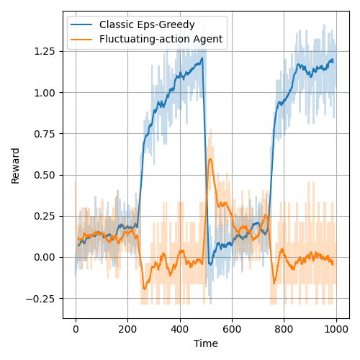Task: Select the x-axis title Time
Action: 205,344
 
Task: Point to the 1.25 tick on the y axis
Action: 46,51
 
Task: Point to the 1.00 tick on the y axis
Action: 46,92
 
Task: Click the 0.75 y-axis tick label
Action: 46,133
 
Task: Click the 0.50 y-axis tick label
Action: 46,175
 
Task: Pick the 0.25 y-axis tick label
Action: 46,216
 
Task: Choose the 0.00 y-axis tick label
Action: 46,257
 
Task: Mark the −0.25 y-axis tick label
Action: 43,298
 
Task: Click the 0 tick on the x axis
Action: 76,328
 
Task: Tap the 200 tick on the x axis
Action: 127,328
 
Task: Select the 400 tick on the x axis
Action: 180,328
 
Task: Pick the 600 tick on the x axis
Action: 232,328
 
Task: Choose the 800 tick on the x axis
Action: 284,328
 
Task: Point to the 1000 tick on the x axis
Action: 336,328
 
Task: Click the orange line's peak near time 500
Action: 210,159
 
